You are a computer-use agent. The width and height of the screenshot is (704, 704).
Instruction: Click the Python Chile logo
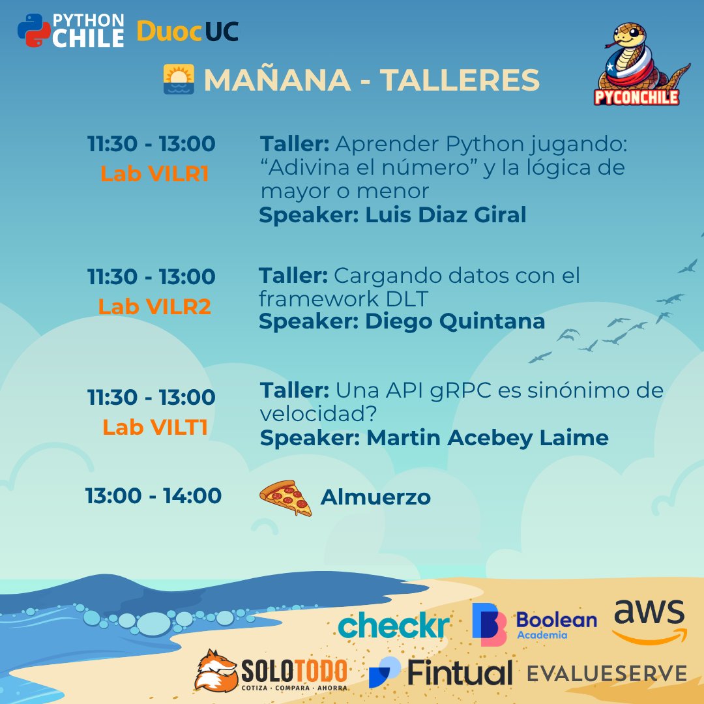point(70,30)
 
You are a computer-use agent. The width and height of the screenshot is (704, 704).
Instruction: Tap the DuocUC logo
point(188,31)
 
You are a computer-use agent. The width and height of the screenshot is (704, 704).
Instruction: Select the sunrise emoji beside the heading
point(179,80)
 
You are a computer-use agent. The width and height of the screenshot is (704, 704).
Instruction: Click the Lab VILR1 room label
point(154,173)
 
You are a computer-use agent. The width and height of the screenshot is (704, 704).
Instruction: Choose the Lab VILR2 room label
point(154,306)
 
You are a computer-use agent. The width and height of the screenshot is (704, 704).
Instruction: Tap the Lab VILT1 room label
point(154,427)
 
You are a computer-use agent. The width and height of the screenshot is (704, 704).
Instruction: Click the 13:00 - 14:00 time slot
point(154,495)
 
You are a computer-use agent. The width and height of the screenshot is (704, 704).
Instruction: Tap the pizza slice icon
point(286,499)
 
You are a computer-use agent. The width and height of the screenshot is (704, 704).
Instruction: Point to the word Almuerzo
point(375,497)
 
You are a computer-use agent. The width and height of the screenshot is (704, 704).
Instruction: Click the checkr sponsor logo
point(393,626)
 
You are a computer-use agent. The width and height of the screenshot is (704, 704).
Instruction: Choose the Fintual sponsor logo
point(441,673)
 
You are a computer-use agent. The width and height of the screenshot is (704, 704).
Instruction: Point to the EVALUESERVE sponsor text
point(606,673)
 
